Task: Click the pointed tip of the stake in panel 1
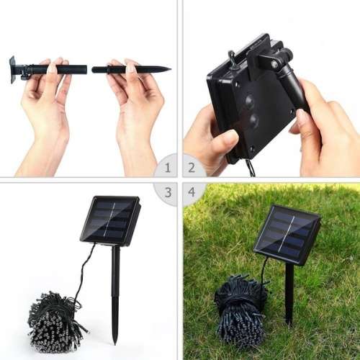[x=168, y=69]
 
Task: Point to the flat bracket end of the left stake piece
[x=13, y=70]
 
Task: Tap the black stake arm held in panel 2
[x=295, y=90]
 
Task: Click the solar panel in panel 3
[x=109, y=220]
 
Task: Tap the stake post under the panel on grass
[x=289, y=292]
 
